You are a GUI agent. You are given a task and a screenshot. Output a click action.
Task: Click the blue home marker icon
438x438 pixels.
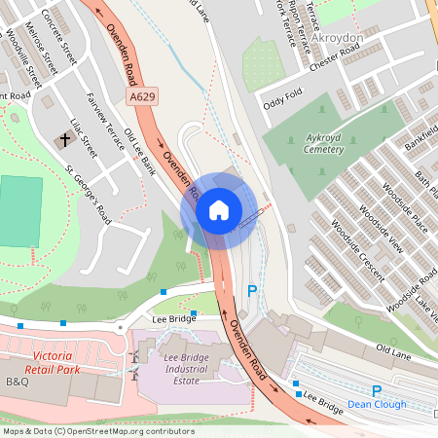(x=219, y=209)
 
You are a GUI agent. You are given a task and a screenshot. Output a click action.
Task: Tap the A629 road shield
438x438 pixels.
(x=142, y=97)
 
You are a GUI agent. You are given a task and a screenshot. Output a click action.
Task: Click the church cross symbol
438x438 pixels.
(x=65, y=140)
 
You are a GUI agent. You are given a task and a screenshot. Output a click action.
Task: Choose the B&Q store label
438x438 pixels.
(x=18, y=383)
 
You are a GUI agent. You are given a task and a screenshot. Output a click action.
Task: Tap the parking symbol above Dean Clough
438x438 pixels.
(x=377, y=389)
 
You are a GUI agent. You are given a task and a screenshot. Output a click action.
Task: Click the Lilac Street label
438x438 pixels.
(x=85, y=138)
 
